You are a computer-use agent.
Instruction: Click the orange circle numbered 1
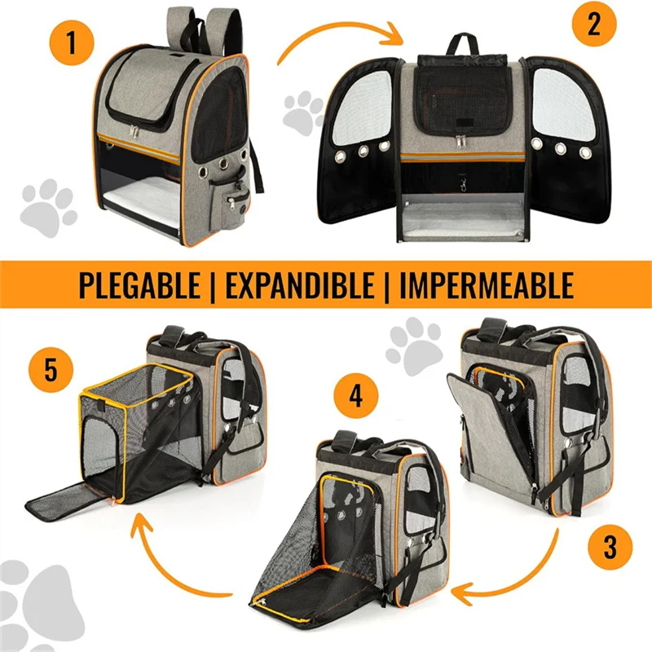tap(72, 42)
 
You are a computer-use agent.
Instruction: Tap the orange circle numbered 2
tap(593, 24)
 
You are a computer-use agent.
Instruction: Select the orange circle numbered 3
tap(610, 547)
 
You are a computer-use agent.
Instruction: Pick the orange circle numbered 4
tap(356, 397)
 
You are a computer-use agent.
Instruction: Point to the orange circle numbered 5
tap(51, 370)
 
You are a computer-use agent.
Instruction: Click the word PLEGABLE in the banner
tap(139, 285)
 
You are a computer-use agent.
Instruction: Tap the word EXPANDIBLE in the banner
tap(300, 285)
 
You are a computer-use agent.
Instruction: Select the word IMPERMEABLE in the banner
tap(487, 285)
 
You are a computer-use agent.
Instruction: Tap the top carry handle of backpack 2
tap(462, 44)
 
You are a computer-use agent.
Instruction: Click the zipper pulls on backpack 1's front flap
tap(134, 130)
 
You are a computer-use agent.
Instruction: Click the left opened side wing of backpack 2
tap(359, 141)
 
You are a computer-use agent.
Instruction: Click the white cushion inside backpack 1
tap(143, 202)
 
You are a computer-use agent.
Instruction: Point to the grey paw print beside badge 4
tap(413, 346)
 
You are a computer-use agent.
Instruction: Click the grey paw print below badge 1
tap(48, 207)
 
